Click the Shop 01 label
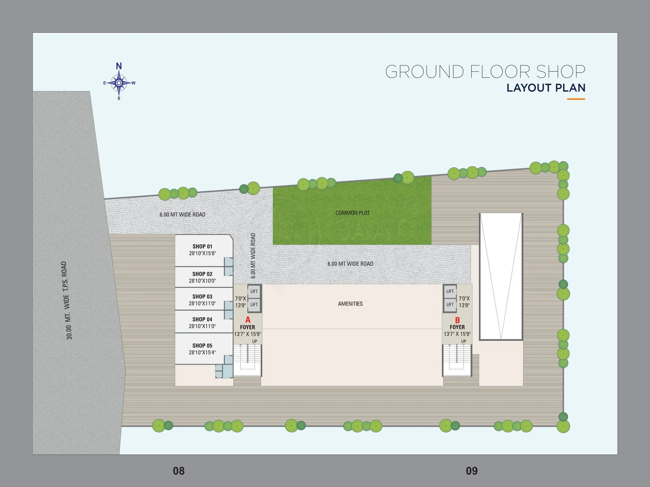coord(202,247)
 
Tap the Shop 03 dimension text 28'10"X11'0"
coord(202,303)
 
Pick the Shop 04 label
coord(202,319)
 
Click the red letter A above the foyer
coord(248,320)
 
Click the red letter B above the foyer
coord(457,320)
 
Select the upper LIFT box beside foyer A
coord(254,291)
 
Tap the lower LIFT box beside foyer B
coord(450,305)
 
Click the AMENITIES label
coord(350,304)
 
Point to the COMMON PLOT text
coord(352,213)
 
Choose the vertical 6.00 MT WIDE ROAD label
coord(253,256)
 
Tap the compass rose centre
coord(119,83)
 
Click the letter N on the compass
coord(119,66)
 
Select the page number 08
coord(179,471)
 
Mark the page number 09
coord(472,471)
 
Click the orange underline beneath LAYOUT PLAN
coord(576,99)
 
